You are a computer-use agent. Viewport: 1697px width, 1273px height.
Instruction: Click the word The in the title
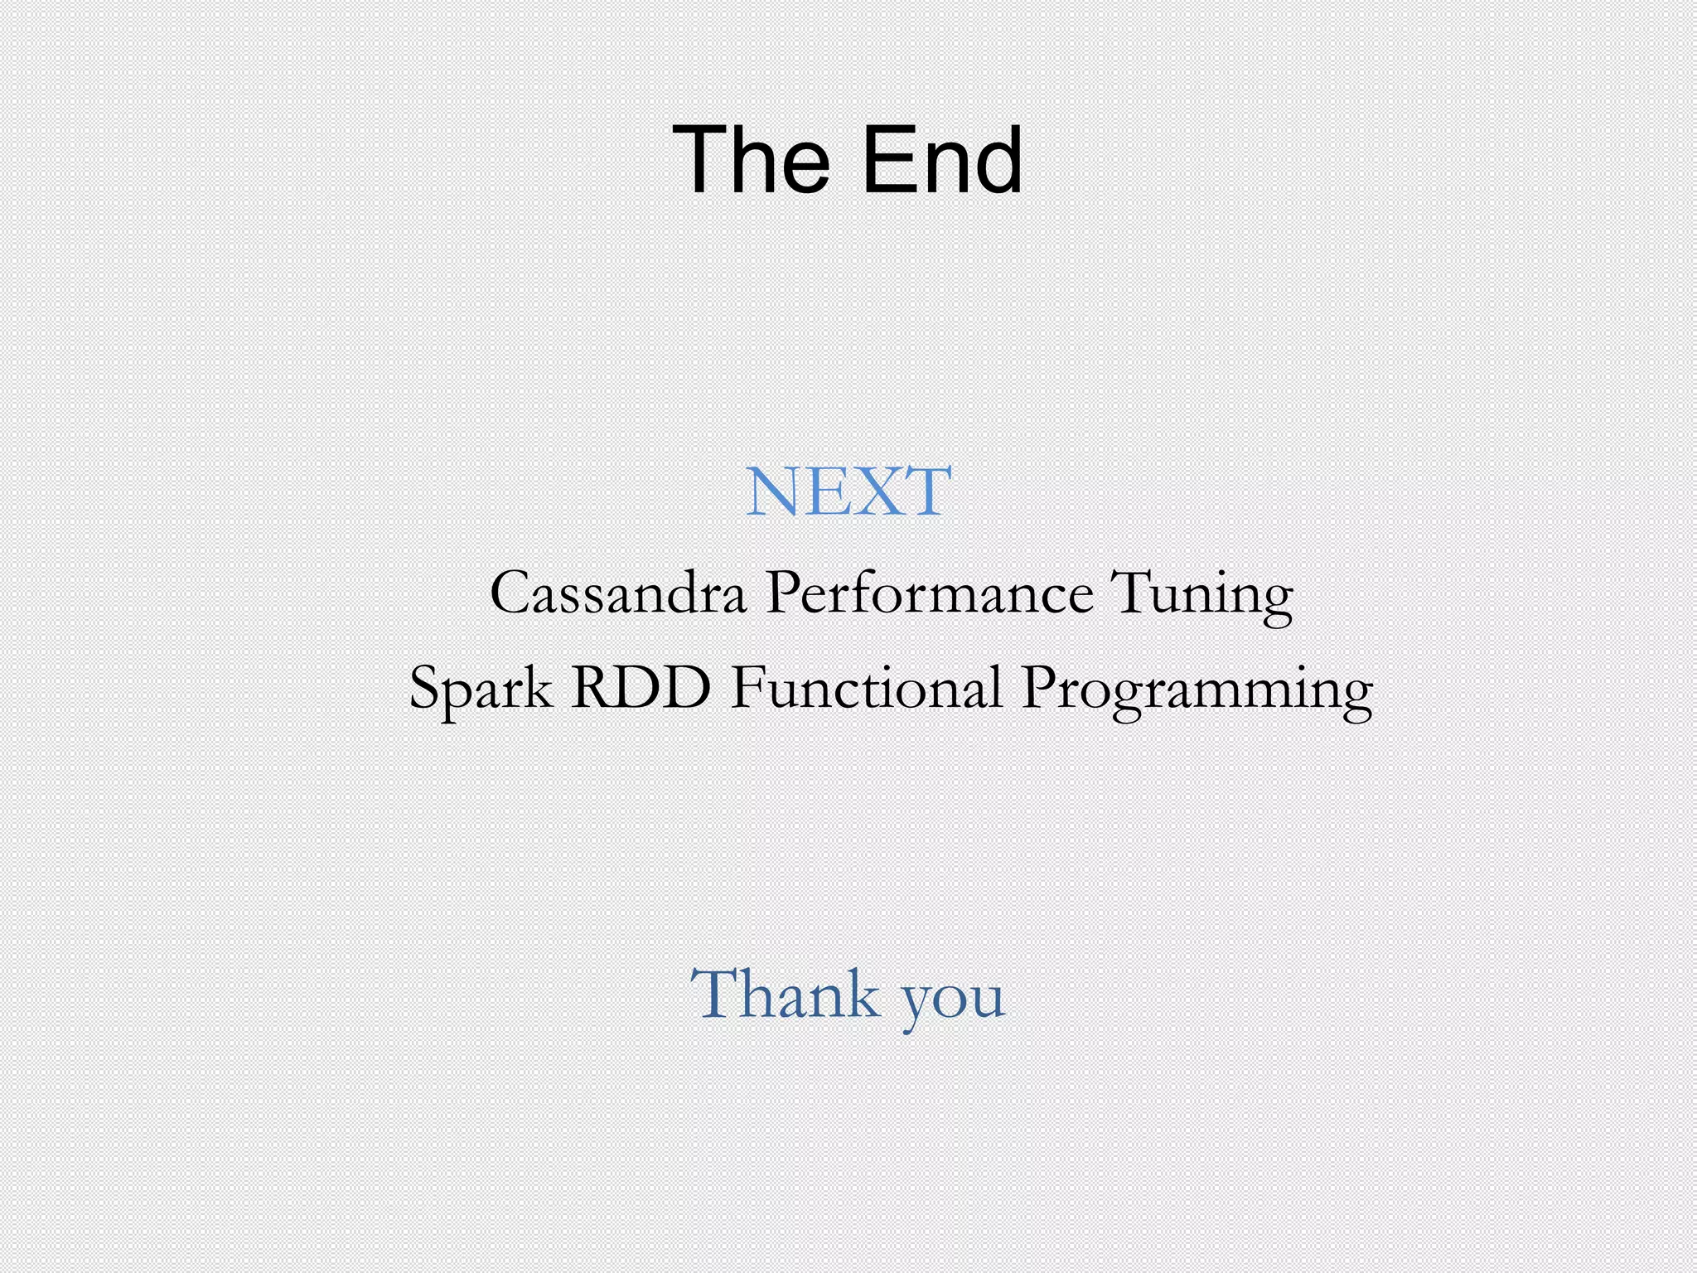coord(751,159)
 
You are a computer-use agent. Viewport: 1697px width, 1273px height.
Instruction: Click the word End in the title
coord(942,159)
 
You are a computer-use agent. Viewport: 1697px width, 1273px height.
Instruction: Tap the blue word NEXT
coord(848,491)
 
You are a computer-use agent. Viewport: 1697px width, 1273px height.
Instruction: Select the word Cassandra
coord(617,593)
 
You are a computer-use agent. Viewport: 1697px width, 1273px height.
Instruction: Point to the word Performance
coord(929,593)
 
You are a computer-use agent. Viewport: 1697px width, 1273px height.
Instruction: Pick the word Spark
coord(481,688)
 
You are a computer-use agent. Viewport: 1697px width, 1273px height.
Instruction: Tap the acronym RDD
coord(641,687)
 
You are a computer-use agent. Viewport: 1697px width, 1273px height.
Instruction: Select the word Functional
coord(866,687)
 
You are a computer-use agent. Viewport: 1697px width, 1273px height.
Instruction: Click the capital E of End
coord(887,159)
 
